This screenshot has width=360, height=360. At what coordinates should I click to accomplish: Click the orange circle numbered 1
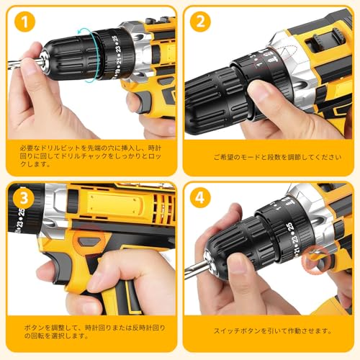27,23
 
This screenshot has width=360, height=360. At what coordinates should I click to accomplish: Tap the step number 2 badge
199,21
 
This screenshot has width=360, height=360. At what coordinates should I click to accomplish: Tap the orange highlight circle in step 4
315,260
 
